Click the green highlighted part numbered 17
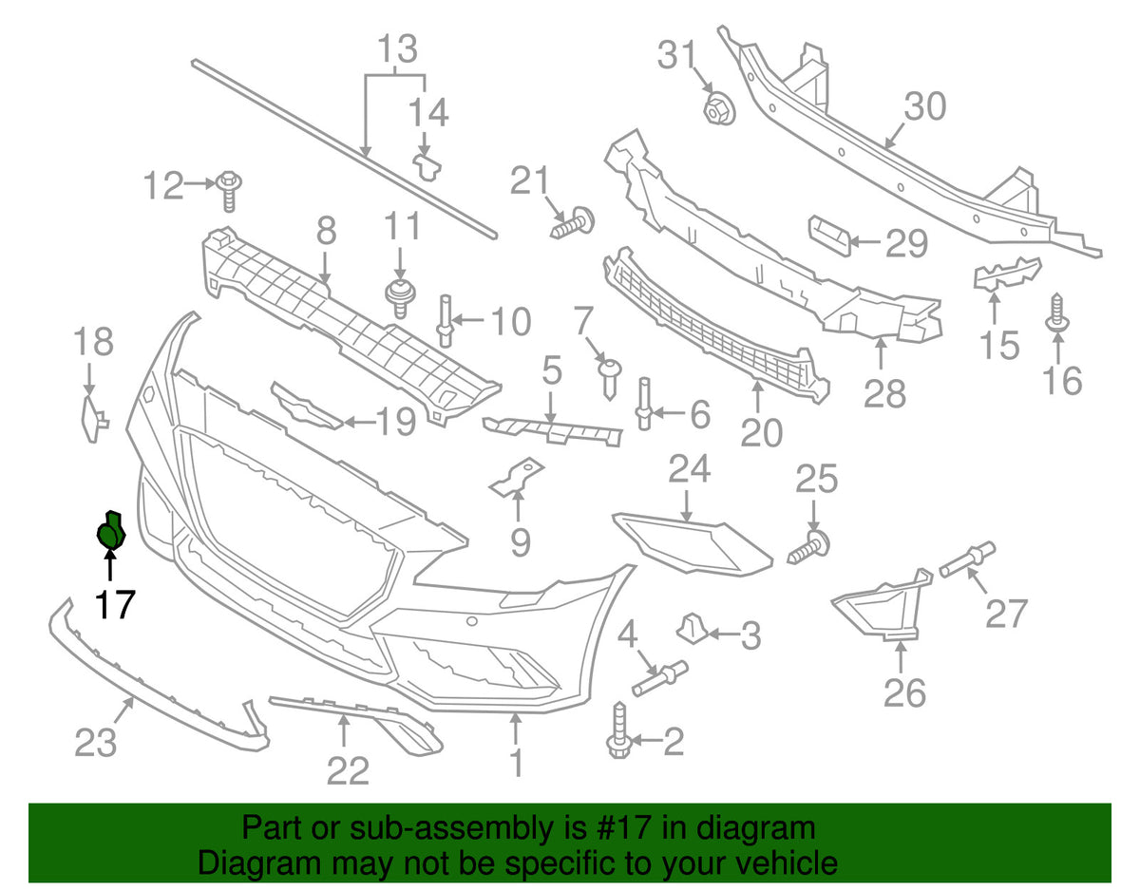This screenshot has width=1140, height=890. point(111,530)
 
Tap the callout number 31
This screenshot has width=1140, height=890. point(677,54)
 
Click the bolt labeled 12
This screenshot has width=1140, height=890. point(229,190)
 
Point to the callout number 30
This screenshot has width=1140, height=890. point(925,106)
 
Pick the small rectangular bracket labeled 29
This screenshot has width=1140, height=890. point(830,236)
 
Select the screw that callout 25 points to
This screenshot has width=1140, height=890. point(808,547)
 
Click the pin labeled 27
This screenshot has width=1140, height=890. point(967,559)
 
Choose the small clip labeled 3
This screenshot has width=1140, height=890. point(692,628)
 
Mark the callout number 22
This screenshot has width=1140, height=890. point(348,770)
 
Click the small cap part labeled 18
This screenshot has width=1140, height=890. point(94,420)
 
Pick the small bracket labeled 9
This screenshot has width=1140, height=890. point(516,477)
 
